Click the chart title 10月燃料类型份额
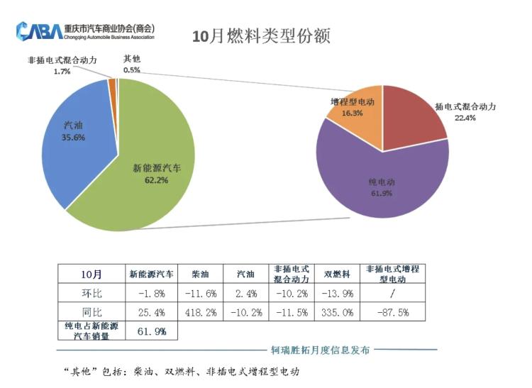coord(262,36)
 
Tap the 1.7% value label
coord(62,72)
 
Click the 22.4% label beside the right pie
coord(465,118)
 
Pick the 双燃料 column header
coord(337,274)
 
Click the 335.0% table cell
coord(337,312)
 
